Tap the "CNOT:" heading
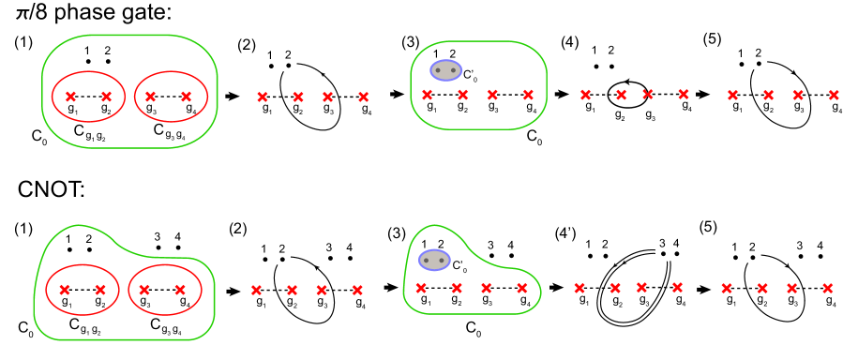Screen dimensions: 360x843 53,191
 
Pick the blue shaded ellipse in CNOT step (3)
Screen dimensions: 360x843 434,261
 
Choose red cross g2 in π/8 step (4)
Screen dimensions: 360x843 620,94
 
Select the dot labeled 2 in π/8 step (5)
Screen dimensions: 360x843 758,65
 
